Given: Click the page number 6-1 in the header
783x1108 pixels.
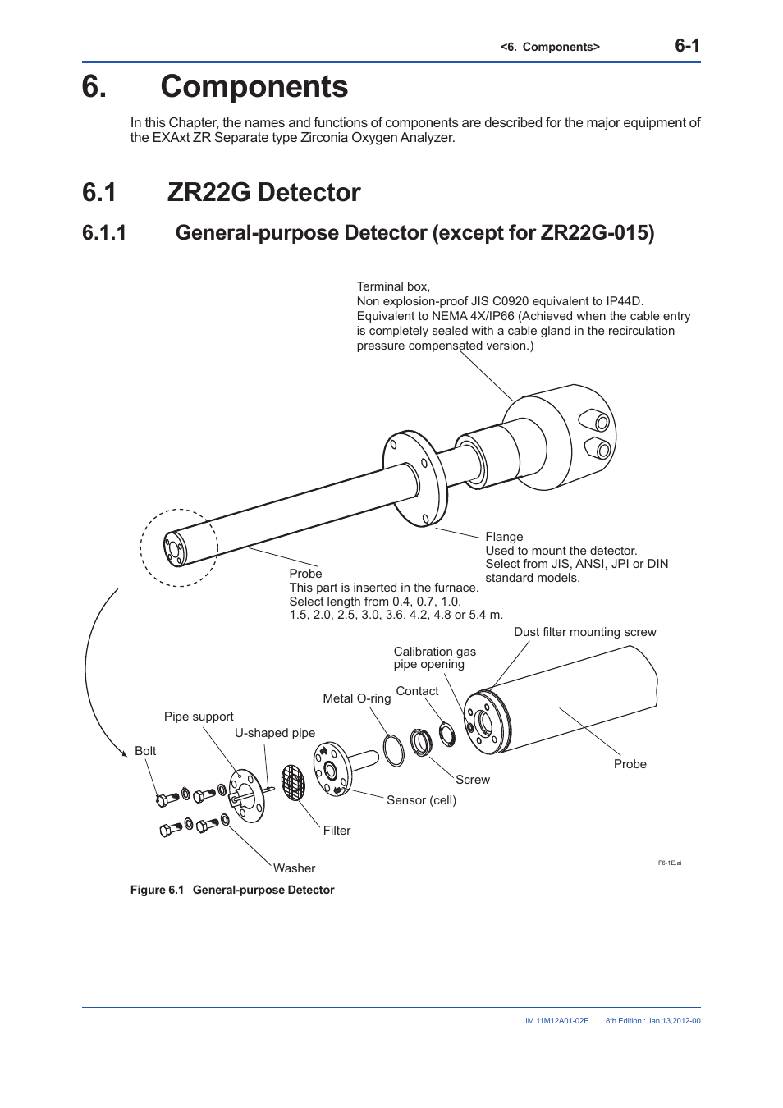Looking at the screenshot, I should click(687, 46).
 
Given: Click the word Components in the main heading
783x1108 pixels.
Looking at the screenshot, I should click(254, 87).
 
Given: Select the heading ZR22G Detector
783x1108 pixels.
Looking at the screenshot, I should click(263, 193).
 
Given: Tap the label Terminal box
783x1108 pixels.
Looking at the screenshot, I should click(392, 286).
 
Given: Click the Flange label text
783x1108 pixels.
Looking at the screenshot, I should click(504, 537).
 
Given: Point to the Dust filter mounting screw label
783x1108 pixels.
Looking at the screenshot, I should click(584, 632).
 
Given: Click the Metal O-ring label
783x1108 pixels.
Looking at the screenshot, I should click(356, 698).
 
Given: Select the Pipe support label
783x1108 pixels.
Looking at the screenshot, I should click(199, 717).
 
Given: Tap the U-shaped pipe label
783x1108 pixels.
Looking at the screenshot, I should click(275, 733).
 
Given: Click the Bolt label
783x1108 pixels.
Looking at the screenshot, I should click(145, 751).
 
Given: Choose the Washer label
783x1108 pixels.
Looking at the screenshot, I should click(294, 868).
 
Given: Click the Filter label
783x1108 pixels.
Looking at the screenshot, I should click(337, 831).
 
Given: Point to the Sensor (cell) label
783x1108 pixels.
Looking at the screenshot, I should click(421, 800).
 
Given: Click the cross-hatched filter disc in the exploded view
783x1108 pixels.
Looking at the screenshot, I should click(293, 783).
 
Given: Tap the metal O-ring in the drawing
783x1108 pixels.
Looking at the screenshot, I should click(394, 750).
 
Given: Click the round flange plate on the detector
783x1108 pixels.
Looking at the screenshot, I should click(415, 478).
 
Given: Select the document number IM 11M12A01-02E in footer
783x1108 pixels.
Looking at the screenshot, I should click(556, 1021).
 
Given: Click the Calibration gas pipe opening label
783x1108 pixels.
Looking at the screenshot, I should click(434, 658).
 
